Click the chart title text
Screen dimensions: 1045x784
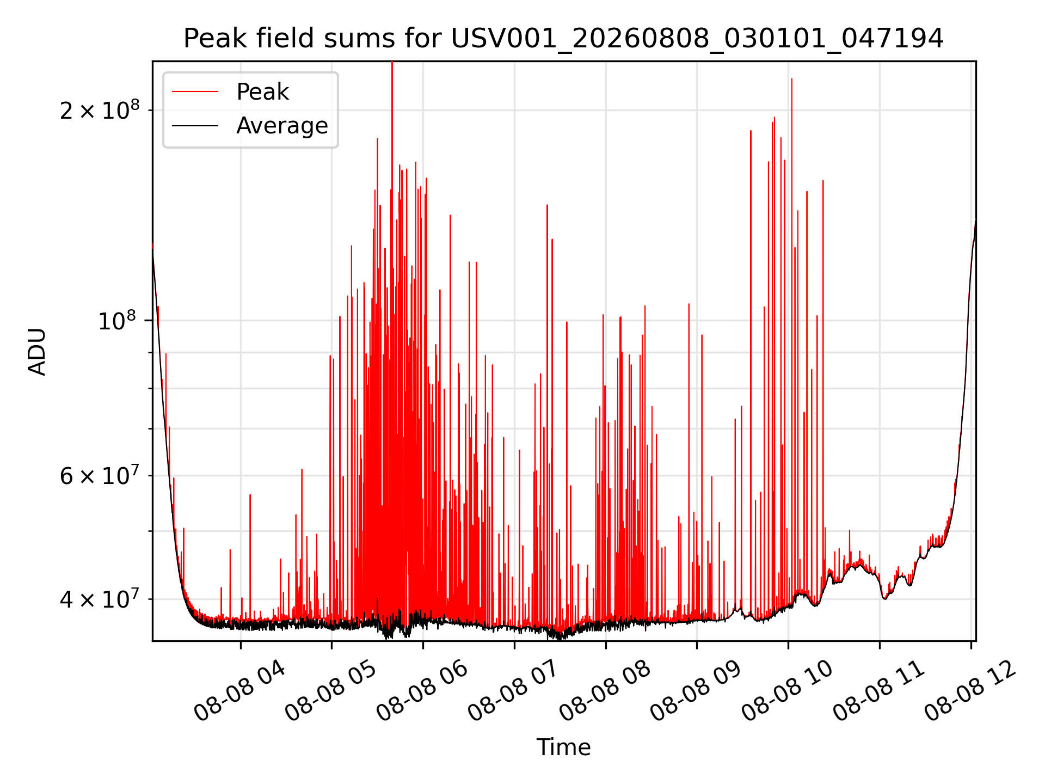[563, 39]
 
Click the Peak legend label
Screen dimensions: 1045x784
[262, 92]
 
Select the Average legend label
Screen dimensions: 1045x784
[282, 126]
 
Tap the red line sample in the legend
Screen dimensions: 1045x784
[195, 92]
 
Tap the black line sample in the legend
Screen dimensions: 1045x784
[195, 126]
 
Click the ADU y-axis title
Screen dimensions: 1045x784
[37, 351]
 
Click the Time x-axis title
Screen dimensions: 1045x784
[563, 748]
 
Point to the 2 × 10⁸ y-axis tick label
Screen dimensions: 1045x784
[100, 109]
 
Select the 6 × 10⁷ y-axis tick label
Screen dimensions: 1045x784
[100, 475]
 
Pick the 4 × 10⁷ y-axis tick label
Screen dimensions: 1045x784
[100, 599]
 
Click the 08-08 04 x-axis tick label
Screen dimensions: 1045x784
[240, 690]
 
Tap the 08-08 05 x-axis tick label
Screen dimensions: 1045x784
[331, 690]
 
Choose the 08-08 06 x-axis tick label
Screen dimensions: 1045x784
[422, 690]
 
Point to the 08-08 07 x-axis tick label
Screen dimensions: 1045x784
[514, 690]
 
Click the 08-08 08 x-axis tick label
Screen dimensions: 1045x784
[605, 690]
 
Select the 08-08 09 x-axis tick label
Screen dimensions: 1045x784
[696, 690]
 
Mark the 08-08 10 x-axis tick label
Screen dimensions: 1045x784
[788, 690]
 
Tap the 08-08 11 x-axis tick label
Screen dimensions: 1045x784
[879, 690]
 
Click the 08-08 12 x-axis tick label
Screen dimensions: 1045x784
[970, 690]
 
